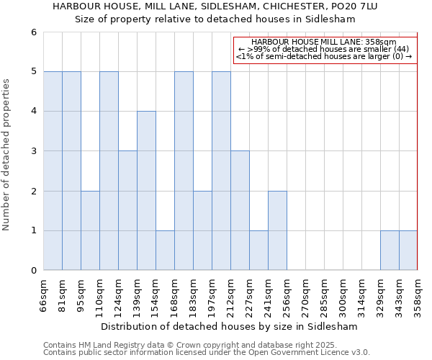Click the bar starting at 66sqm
click(x=53, y=171)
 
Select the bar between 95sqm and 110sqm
click(x=90, y=230)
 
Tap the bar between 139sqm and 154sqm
click(x=146, y=191)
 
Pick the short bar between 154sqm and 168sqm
click(x=165, y=251)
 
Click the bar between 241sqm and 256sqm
click(x=277, y=230)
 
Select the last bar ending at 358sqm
click(x=408, y=251)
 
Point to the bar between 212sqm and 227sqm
click(x=240, y=210)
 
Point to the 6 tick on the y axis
click(x=33, y=32)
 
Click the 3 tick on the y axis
click(x=33, y=151)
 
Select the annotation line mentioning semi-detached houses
click(x=324, y=56)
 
